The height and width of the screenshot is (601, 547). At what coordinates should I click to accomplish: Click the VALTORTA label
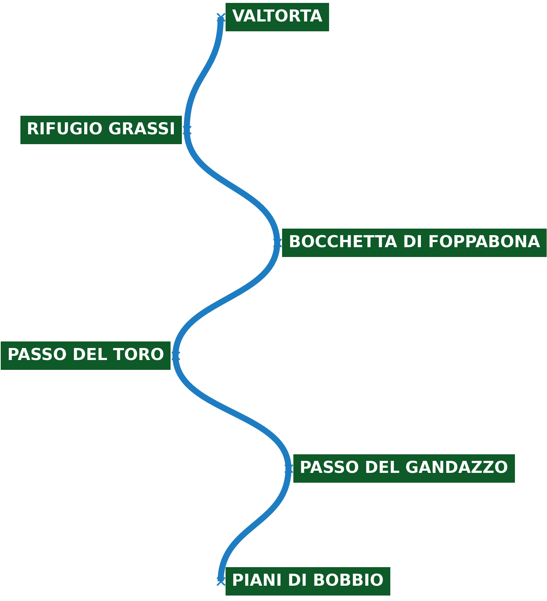tap(277, 17)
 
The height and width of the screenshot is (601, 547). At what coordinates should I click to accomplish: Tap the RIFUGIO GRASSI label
tap(101, 130)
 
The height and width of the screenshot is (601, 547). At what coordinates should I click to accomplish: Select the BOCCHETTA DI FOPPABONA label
tap(414, 242)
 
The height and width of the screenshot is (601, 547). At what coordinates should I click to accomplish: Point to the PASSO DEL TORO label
tap(86, 355)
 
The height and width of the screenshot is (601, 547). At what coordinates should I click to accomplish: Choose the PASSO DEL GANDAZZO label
tap(404, 468)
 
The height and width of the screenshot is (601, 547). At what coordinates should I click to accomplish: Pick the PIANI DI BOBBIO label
tap(308, 581)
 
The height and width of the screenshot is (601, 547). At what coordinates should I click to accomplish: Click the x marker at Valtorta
tap(221, 17)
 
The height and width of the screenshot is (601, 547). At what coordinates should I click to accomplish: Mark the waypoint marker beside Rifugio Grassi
tap(187, 130)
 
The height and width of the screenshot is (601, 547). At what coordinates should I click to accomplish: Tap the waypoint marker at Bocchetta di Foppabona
tap(277, 243)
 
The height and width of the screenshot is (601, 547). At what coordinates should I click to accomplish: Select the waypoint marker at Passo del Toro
tap(176, 356)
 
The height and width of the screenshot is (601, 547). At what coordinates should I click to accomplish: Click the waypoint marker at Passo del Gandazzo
tap(289, 468)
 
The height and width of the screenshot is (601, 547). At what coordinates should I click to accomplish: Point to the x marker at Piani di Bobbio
tap(221, 581)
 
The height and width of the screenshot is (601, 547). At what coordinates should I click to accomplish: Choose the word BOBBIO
tap(353, 581)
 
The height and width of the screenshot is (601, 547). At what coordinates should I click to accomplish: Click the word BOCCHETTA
tap(343, 242)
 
